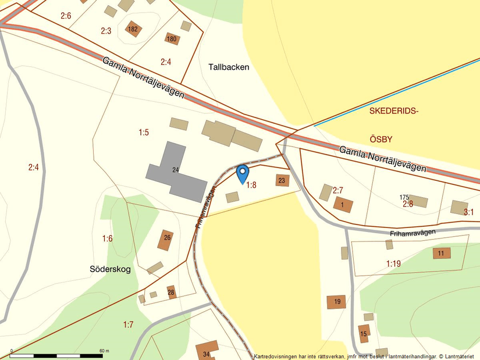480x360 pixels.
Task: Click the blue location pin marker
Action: tap(243, 173)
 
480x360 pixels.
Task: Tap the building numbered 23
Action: tap(282, 180)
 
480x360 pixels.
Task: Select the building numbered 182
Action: tap(133, 29)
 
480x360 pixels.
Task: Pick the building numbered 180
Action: tap(172, 40)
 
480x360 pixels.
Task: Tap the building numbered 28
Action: tap(171, 291)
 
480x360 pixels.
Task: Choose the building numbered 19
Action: tap(336, 301)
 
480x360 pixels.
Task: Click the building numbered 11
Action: tap(442, 253)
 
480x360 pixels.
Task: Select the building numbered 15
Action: tap(364, 333)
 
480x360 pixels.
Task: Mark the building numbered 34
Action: tap(207, 351)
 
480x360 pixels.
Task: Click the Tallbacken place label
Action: tap(229, 67)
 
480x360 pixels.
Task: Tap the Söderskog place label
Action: tap(111, 269)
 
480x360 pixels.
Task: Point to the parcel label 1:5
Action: tap(144, 133)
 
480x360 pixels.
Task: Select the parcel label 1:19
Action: tap(393, 264)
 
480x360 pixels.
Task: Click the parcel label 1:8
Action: tap(251, 186)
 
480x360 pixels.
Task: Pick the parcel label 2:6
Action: tap(65, 16)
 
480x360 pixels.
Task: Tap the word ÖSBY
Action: tap(381, 140)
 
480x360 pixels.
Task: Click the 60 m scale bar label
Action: tap(104, 351)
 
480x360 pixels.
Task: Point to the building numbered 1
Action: tap(343, 204)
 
